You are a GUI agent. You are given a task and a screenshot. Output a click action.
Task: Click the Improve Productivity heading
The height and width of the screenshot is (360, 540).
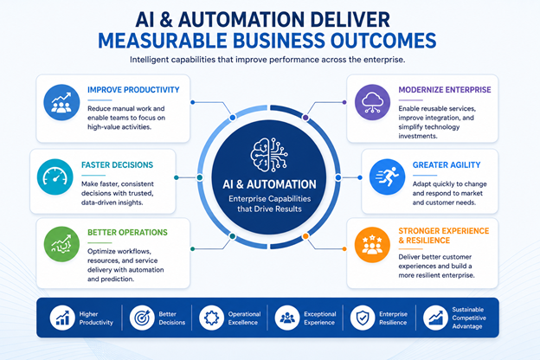tap(133, 90)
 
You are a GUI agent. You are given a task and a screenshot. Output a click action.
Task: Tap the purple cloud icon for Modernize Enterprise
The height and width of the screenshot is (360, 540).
tap(372, 102)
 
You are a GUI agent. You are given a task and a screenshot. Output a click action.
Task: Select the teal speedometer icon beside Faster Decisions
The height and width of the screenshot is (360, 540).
tap(55, 177)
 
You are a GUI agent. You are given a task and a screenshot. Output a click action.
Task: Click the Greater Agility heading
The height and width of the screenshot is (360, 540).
tap(447, 165)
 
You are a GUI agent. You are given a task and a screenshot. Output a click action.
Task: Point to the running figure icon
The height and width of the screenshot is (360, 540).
tap(387, 177)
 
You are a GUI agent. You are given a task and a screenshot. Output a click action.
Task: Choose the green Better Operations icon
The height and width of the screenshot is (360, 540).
tap(61, 244)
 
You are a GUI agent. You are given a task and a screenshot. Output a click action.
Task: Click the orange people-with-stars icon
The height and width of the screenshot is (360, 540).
tap(372, 245)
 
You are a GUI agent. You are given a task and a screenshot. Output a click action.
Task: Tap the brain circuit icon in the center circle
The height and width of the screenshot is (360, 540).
tap(269, 155)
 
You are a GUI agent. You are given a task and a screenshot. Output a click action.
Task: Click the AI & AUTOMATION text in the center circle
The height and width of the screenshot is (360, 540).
tap(269, 184)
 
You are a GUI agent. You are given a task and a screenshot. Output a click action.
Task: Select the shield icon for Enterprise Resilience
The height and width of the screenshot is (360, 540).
tap(363, 318)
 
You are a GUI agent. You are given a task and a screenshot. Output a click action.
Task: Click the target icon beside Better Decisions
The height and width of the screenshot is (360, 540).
tap(142, 318)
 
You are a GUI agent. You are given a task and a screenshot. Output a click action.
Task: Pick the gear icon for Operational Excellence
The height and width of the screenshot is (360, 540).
tap(211, 318)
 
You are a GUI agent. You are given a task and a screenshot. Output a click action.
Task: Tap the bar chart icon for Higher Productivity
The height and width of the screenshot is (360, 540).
tap(62, 318)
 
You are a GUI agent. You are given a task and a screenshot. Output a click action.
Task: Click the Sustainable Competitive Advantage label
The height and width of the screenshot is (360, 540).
tap(469, 318)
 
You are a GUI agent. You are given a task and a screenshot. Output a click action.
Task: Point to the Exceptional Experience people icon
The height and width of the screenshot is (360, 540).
tap(287, 318)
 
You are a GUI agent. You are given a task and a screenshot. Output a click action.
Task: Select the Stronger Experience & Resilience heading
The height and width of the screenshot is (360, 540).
tap(444, 235)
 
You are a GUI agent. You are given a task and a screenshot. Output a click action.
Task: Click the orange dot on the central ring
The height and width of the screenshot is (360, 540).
tap(305, 236)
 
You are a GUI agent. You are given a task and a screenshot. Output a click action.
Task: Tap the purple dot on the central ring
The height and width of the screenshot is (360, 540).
tap(305, 118)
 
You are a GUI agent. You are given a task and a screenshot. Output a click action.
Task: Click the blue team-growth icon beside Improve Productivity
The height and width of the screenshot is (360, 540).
tap(61, 102)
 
